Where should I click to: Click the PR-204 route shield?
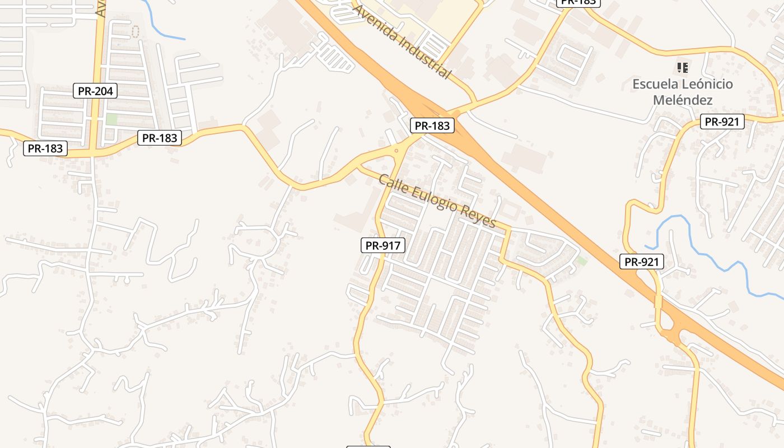click(95, 91)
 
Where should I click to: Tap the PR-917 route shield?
click(382, 245)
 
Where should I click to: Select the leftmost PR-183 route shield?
click(45, 148)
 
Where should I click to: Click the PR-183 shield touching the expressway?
click(432, 126)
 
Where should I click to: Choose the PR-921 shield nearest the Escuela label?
click(722, 122)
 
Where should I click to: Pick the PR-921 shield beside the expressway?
click(642, 262)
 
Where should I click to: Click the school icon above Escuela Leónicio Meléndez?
click(682, 68)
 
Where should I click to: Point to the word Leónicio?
click(707, 85)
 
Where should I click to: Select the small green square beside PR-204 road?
click(112, 119)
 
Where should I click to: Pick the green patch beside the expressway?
click(582, 260)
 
